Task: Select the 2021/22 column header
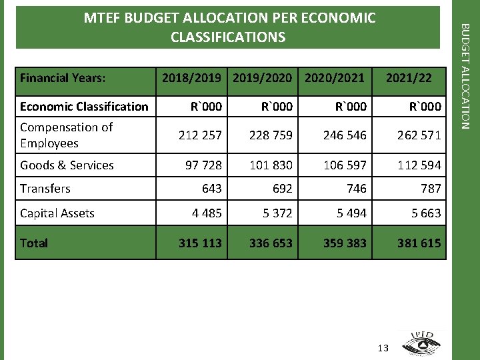(409, 78)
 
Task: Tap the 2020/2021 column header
(335, 78)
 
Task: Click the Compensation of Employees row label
(67, 135)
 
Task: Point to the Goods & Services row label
(67, 165)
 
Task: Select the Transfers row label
(45, 189)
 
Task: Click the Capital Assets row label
(57, 213)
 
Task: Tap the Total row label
(34, 243)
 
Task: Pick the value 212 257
(200, 135)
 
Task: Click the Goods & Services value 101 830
(271, 165)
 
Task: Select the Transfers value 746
(356, 189)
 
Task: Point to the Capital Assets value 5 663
(422, 213)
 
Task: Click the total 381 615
(419, 243)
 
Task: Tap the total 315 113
(200, 243)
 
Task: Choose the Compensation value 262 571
(419, 135)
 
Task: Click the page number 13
(383, 348)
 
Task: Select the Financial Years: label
(63, 78)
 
